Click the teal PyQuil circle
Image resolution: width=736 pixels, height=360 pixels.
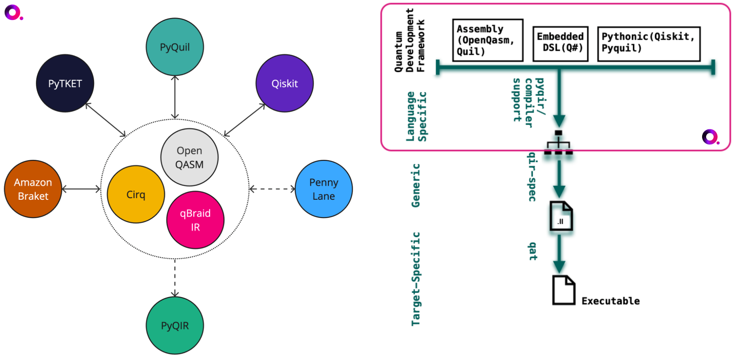coord(175,47)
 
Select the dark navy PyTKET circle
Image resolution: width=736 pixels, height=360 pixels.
coord(65,83)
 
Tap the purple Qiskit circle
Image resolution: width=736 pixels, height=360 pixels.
coord(285,83)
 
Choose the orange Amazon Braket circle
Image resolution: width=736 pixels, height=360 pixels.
coord(33,189)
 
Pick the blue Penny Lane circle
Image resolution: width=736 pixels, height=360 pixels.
coord(324,189)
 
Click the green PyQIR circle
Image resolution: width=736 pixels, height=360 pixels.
coord(175,325)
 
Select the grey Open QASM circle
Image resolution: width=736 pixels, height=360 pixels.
coord(189,157)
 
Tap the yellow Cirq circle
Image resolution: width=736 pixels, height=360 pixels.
coord(136,194)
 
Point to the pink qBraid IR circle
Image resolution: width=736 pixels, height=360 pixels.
coord(195,220)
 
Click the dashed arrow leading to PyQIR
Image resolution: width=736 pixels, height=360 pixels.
coord(175,278)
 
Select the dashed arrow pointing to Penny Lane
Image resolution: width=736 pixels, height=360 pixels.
coord(272,189)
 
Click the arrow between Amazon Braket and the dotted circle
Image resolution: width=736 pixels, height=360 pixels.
coord(81,189)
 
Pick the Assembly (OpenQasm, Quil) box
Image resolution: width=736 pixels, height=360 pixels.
coord(488,40)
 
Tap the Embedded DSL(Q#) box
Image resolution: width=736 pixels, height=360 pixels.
coord(560,44)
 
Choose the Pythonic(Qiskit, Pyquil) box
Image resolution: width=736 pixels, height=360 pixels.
coord(649,44)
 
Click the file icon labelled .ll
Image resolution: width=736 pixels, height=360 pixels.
coord(561,216)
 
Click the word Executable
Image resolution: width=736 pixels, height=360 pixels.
coord(610,301)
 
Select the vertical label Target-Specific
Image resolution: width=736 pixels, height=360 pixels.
coord(416,279)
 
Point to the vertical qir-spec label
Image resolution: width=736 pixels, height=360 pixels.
coord(532,177)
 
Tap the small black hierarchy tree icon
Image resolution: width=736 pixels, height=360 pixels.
coord(558,142)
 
